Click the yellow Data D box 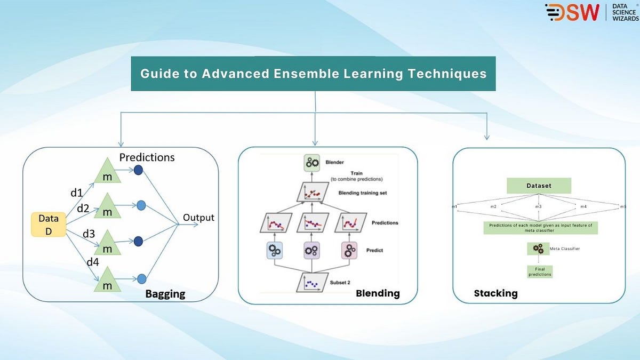pos(49,224)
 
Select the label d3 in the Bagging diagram pos(88,233)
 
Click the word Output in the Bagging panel pos(198,218)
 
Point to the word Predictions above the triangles pos(147,157)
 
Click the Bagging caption pos(165,294)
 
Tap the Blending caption pos(378,293)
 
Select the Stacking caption pos(495,293)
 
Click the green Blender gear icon pos(311,163)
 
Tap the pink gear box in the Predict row pos(349,250)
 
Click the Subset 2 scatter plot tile pos(312,282)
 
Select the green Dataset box pos(539,186)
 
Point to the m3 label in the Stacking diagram pos(539,206)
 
